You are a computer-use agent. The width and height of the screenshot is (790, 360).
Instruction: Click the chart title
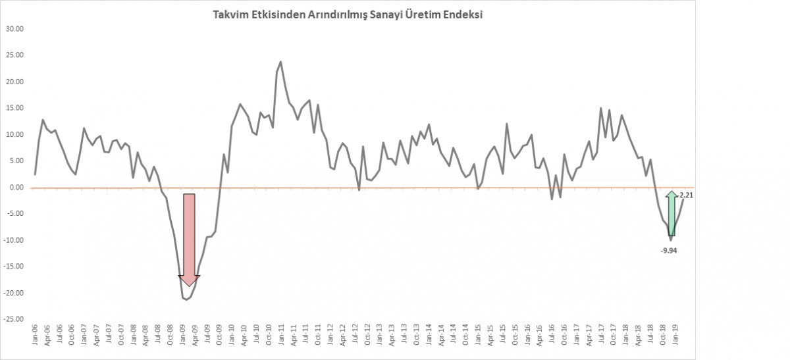point(348,15)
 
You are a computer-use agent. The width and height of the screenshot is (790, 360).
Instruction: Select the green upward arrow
point(671,214)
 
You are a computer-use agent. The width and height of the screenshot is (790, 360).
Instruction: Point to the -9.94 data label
point(668,251)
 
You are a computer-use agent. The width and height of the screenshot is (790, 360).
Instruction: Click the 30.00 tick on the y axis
point(15,29)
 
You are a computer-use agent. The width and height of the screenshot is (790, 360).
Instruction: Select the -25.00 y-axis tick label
point(14,319)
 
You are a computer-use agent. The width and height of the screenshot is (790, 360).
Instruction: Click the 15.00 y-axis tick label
point(15,108)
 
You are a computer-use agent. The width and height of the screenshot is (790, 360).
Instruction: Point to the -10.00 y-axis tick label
point(14,240)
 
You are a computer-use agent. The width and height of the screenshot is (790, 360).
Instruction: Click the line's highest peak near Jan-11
point(281,62)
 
